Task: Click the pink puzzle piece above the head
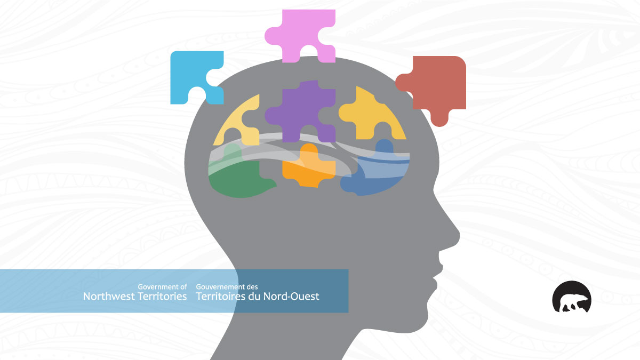[300, 31]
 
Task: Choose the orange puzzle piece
[309, 167]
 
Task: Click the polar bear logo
[571, 297]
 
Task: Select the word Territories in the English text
[161, 297]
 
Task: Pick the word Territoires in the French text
[221, 297]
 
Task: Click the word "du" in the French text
[254, 297]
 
